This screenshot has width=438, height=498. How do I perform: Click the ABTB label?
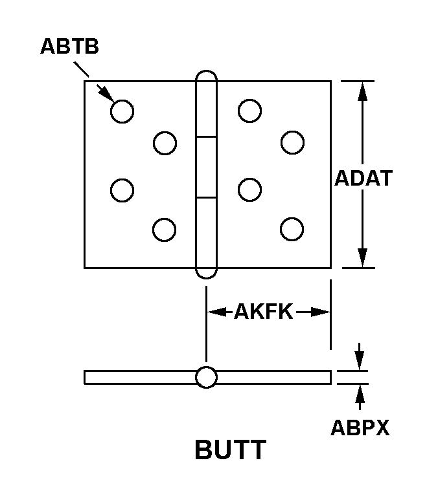click(70, 47)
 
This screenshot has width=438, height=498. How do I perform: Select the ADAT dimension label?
click(363, 178)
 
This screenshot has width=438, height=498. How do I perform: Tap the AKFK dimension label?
click(264, 311)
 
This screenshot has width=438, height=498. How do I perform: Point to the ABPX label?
click(360, 428)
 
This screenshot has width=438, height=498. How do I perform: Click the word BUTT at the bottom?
click(230, 449)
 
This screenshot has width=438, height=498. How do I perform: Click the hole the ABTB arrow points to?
click(122, 111)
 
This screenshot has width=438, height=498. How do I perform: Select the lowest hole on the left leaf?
click(164, 230)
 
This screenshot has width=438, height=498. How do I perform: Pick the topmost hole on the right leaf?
click(249, 111)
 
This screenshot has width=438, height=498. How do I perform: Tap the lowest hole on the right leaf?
click(292, 229)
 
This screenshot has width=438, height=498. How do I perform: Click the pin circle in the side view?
click(206, 377)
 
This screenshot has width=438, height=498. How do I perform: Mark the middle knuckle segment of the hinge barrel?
click(206, 168)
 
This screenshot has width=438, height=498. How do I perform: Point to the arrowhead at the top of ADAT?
click(362, 91)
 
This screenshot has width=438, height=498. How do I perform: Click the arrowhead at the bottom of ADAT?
click(362, 258)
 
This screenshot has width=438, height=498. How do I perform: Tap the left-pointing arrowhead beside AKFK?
click(217, 312)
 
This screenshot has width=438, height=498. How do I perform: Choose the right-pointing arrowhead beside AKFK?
click(320, 312)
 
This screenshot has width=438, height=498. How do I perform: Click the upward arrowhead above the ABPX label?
click(360, 393)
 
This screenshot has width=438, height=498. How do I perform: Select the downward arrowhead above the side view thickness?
click(360, 361)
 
